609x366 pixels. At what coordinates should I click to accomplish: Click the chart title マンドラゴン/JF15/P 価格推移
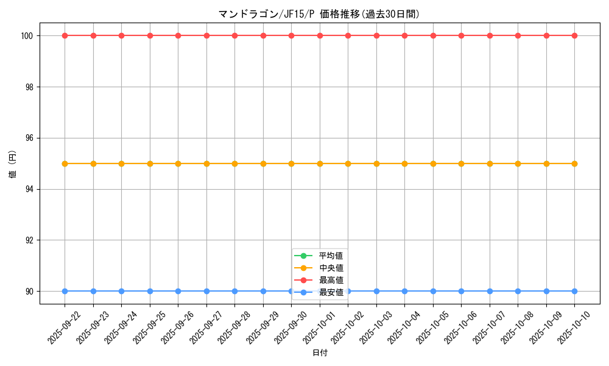pyautogui.click(x=319, y=14)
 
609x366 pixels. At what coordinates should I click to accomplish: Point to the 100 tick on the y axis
pyautogui.click(x=28, y=35)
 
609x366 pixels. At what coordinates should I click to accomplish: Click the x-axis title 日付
pyautogui.click(x=320, y=353)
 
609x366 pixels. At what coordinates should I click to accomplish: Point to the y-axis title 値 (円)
pyautogui.click(x=13, y=163)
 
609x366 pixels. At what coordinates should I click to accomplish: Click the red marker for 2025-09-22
pyautogui.click(x=65, y=35)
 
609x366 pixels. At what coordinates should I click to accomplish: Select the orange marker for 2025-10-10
pyautogui.click(x=574, y=163)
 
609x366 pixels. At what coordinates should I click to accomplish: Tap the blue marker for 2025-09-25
pyautogui.click(x=150, y=291)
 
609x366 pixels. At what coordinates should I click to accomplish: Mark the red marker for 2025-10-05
pyautogui.click(x=433, y=35)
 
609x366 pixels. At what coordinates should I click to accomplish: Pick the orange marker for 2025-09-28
pyautogui.click(x=234, y=163)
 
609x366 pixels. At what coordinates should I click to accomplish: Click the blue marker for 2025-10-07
pyautogui.click(x=490, y=291)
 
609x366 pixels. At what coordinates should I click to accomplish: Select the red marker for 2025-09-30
pyautogui.click(x=291, y=35)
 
